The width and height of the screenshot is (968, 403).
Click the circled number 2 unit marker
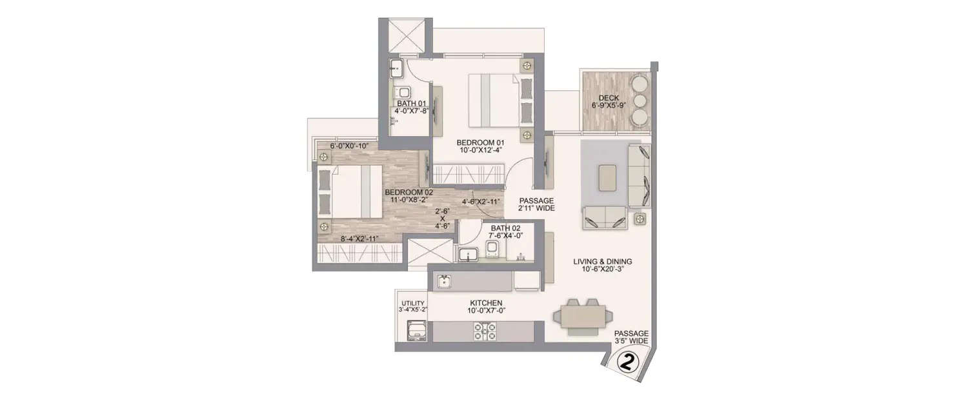(627, 362)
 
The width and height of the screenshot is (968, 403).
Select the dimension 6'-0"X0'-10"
(348, 146)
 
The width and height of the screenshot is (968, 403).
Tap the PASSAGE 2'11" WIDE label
(537, 204)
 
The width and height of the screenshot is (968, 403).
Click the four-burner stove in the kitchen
(486, 331)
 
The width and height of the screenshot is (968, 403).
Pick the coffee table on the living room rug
(607, 178)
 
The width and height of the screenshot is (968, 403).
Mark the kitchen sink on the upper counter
(445, 281)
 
